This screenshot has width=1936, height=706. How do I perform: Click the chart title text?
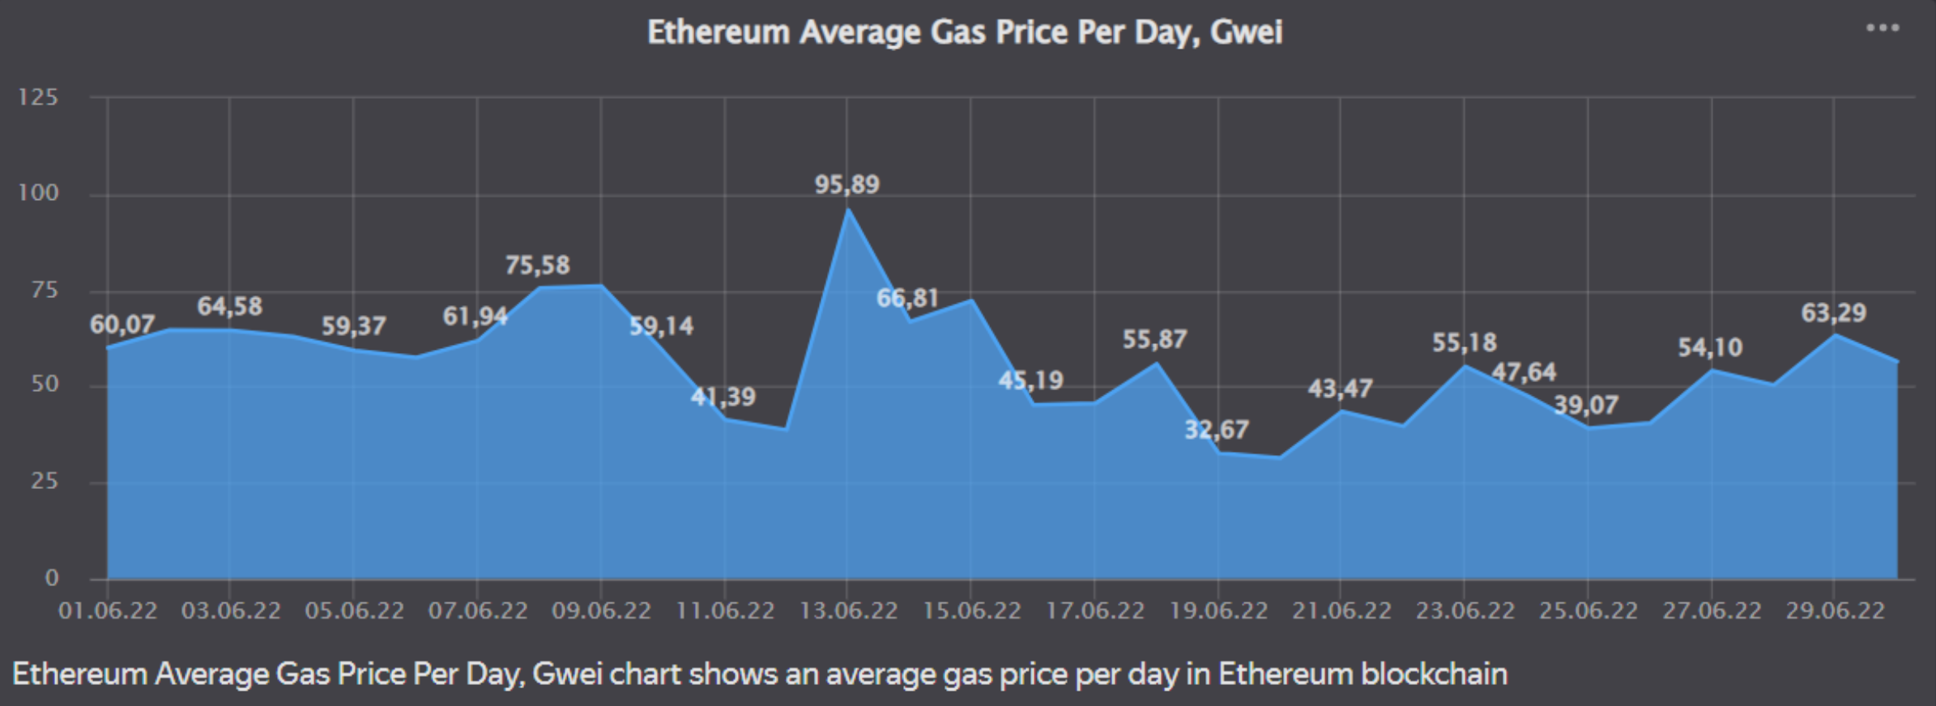(964, 32)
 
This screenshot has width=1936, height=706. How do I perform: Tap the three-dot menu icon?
(1883, 28)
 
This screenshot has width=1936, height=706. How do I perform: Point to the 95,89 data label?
(846, 185)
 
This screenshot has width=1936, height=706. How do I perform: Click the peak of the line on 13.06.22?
(847, 210)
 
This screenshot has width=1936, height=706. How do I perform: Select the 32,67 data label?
(1216, 430)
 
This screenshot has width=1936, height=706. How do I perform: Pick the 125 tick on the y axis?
(39, 98)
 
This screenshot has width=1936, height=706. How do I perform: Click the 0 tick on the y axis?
(52, 578)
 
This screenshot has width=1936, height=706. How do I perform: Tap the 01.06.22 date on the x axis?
(108, 610)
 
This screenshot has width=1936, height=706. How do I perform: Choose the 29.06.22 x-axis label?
(1835, 610)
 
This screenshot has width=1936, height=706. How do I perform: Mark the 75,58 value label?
(537, 266)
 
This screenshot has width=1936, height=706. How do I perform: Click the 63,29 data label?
(1833, 313)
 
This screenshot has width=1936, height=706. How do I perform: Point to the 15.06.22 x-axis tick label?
(971, 610)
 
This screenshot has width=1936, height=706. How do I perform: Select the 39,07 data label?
(1585, 405)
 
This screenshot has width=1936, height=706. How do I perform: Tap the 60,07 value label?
(122, 325)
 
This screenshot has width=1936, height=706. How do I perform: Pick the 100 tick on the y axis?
(39, 194)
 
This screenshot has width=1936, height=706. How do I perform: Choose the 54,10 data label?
(1709, 348)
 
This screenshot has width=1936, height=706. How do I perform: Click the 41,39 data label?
(723, 397)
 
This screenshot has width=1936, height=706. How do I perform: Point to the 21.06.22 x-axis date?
(1341, 610)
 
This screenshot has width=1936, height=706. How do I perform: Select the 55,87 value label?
(1154, 340)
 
